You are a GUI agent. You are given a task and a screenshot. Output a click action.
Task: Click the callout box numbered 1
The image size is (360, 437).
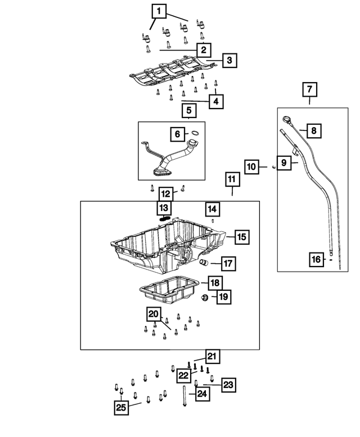(x=159, y=11)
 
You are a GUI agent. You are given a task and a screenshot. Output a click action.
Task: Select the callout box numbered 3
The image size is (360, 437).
(x=229, y=60)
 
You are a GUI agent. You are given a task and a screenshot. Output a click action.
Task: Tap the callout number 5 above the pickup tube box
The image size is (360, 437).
(x=188, y=111)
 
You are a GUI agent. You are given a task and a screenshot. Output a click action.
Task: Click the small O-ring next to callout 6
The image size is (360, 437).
(x=195, y=134)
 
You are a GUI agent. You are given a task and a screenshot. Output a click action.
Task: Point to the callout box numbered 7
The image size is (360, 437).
(x=310, y=89)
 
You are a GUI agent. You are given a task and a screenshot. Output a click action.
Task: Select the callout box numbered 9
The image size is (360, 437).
(x=285, y=163)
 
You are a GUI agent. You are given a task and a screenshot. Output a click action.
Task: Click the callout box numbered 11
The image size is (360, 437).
(x=232, y=180)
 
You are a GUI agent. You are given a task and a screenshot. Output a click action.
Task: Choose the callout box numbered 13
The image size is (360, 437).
(x=163, y=209)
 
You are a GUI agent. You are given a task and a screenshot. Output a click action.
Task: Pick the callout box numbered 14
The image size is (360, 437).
(x=211, y=209)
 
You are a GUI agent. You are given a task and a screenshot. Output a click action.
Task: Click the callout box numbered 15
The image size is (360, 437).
(x=241, y=237)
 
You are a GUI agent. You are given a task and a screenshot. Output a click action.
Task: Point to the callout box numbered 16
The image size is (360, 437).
(x=317, y=259)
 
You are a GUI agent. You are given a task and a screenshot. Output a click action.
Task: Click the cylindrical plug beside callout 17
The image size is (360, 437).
(x=205, y=263)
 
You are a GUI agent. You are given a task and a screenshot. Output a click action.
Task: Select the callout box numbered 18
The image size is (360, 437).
(x=214, y=282)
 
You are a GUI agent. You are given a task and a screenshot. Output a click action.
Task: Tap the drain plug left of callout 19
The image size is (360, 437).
(x=205, y=297)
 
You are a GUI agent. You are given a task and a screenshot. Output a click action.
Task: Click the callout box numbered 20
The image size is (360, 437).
(x=154, y=315)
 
